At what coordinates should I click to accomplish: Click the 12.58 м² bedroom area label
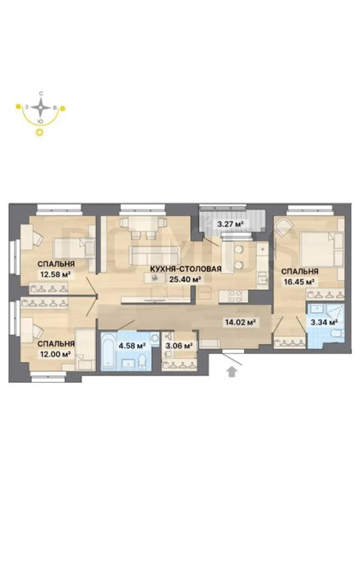coord(55,274)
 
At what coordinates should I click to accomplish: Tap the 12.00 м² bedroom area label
coord(55,354)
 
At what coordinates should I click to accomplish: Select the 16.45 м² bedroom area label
coord(299,282)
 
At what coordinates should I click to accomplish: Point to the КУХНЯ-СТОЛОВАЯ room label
coord(186,269)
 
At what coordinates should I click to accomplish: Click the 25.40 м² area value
coord(185,279)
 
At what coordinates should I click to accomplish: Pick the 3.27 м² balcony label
coord(230,223)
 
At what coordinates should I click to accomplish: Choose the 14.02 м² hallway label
coord(240,323)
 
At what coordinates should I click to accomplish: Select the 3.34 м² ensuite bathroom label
coord(324,323)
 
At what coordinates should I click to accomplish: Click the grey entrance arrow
coord(231,371)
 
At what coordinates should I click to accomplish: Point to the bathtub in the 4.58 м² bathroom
coord(109,351)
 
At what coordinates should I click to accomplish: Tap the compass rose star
coord(41,108)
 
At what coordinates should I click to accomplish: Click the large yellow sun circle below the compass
coord(39,132)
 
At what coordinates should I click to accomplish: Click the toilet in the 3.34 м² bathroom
coord(337,333)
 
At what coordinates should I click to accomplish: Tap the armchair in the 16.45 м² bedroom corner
coord(284,226)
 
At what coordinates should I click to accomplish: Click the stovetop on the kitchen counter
coord(233,296)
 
